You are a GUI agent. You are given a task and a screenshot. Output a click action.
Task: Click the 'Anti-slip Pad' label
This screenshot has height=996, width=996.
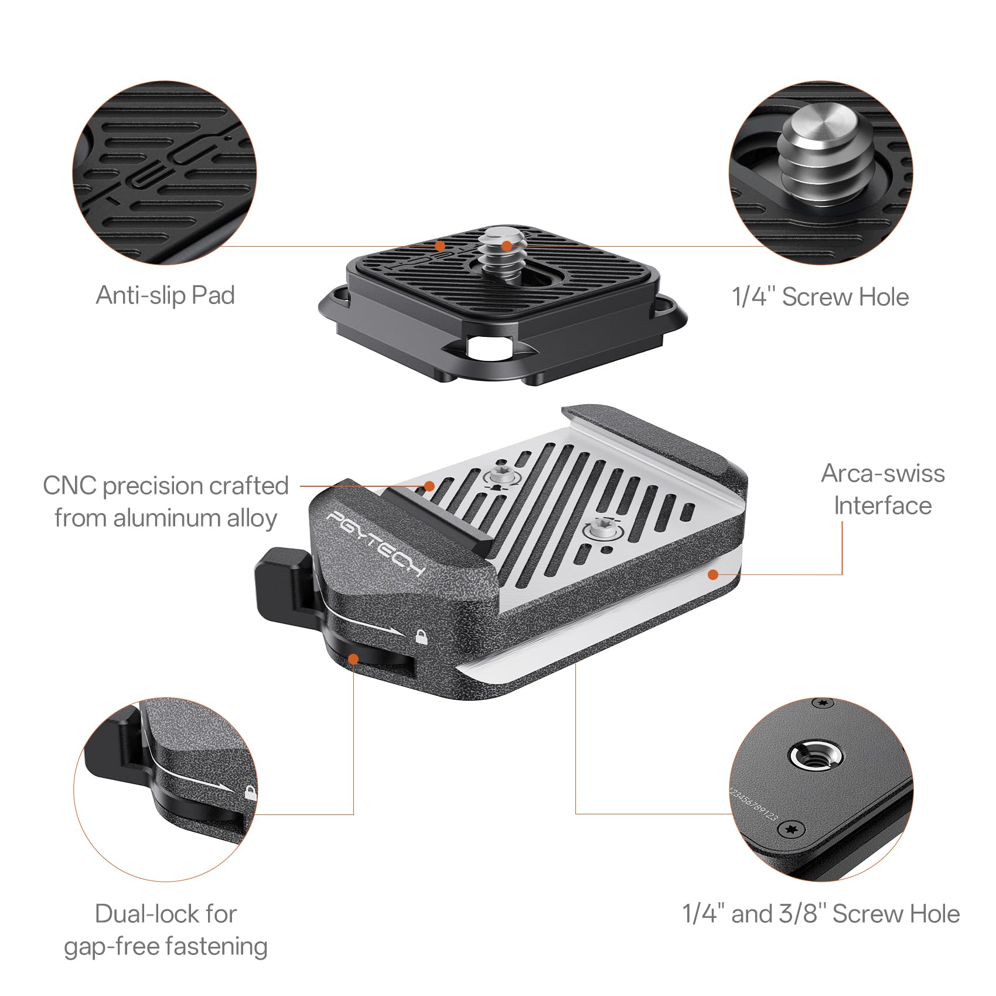(165, 295)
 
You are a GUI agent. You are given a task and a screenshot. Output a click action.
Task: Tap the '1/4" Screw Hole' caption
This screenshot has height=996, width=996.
(820, 297)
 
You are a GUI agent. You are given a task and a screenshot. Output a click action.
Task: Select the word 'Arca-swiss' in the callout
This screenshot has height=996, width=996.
(882, 473)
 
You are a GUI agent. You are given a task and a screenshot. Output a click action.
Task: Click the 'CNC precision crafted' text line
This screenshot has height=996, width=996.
(166, 486)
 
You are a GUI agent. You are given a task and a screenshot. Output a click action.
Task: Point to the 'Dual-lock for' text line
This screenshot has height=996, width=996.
(165, 913)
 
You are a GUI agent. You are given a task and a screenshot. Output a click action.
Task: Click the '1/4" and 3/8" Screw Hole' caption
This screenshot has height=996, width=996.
(820, 913)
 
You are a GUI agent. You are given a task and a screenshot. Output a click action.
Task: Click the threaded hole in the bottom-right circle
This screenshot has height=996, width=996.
(816, 758)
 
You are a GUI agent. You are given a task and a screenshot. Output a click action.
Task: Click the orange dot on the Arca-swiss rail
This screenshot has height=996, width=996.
(712, 575)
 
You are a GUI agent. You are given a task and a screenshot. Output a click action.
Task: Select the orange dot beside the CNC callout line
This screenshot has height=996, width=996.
(429, 486)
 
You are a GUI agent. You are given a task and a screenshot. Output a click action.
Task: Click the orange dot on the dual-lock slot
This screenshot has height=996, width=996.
(353, 659)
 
